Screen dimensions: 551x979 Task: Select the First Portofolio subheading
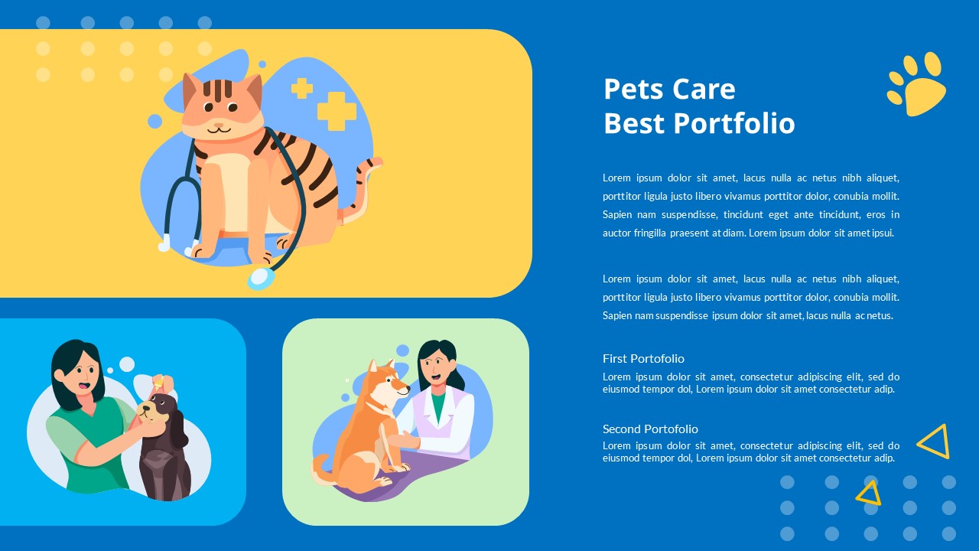643,358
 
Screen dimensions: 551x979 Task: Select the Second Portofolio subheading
650,429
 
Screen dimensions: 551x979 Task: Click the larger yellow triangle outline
935,442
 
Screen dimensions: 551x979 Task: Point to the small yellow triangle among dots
868,494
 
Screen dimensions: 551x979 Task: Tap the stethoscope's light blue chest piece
261,278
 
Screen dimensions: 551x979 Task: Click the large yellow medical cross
337,111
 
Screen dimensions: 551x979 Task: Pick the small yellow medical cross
302,89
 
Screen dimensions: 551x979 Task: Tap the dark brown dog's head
162,409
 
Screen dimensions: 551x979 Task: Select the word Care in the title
701,89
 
